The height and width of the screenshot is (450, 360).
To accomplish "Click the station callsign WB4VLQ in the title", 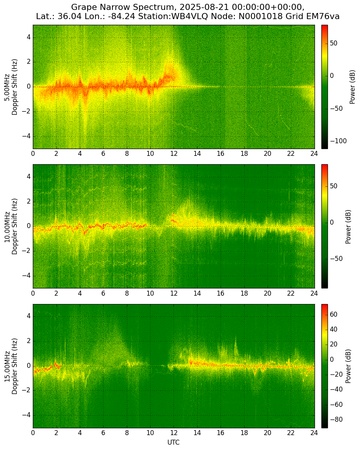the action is click(x=190, y=16).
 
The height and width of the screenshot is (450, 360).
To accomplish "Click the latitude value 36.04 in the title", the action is click(x=68, y=16).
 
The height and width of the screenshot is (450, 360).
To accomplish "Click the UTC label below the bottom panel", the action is click(x=174, y=442).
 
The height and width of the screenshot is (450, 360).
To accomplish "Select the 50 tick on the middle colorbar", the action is click(x=334, y=186).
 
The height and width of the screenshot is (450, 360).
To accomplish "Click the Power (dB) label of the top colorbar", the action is click(x=352, y=87).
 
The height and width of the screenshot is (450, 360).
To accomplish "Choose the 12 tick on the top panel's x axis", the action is click(x=174, y=153).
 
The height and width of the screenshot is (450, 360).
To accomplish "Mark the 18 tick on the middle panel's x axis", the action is click(x=244, y=293).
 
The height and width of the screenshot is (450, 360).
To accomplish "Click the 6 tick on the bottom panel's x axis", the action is click(x=103, y=432).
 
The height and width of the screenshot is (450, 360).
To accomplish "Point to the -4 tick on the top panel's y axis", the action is click(x=27, y=136).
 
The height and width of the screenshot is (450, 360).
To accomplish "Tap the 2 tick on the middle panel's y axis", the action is click(x=29, y=202).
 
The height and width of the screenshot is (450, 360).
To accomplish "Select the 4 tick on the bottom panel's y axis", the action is click(x=29, y=317).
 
